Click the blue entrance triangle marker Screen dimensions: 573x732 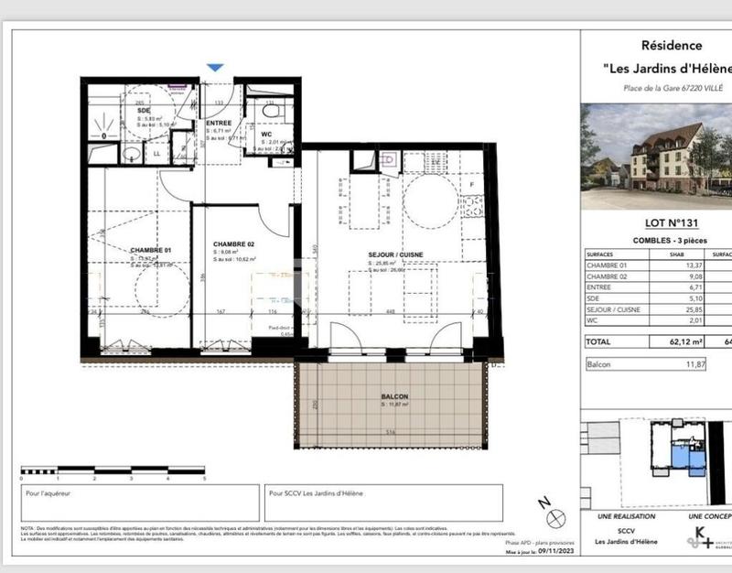[x=214, y=68]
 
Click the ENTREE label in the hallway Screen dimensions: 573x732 [x=220, y=122]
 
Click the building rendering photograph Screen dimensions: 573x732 [x=656, y=156]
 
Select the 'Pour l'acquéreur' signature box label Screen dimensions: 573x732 [x=49, y=492]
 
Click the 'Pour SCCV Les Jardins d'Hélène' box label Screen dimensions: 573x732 [x=316, y=492]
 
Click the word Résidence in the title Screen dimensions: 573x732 [x=672, y=45]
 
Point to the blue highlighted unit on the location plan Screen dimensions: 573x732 [x=681, y=455]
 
